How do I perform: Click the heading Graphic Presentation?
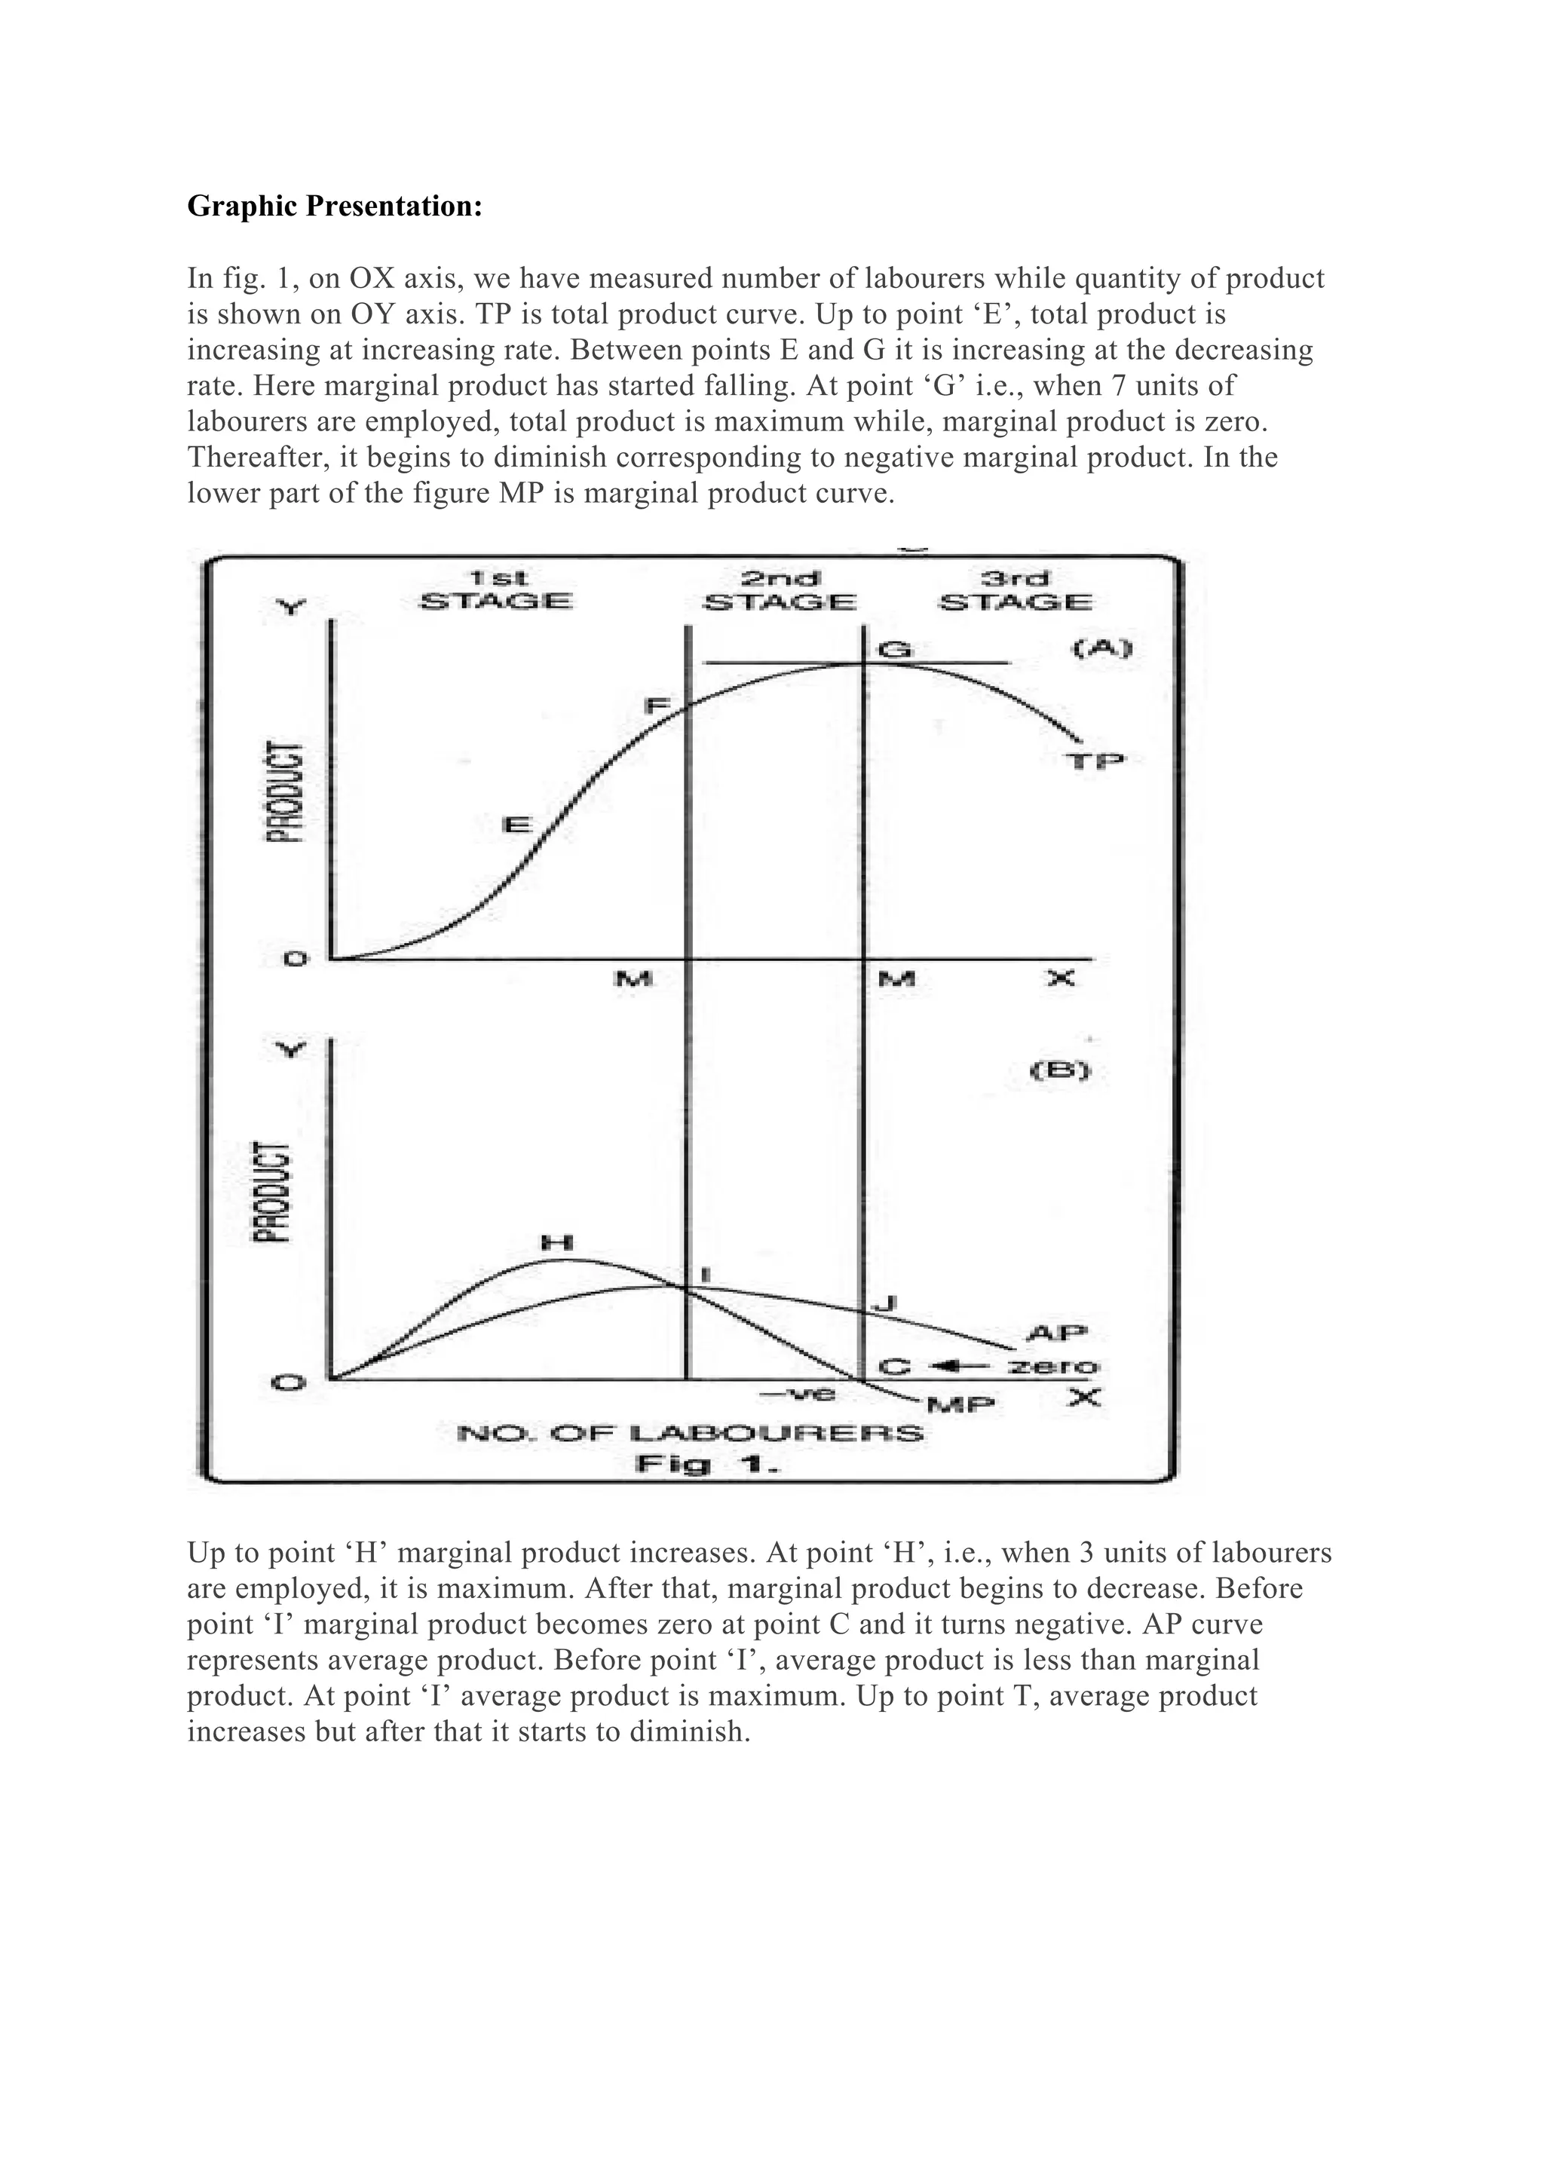[x=335, y=207]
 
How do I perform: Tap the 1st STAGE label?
[x=495, y=590]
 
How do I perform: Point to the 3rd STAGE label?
[x=1015, y=590]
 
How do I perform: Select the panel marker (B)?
[x=1061, y=1070]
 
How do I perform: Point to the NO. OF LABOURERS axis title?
[x=691, y=1433]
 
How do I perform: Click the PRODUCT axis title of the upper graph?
[x=284, y=791]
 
